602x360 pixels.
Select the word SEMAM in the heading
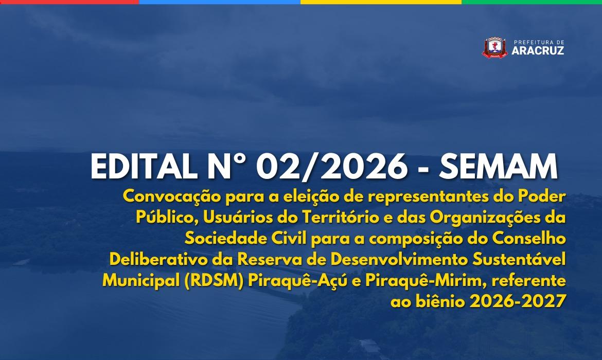pos(499,167)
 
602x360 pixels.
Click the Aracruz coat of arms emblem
pos(494,47)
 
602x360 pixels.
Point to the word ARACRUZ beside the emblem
pos(538,50)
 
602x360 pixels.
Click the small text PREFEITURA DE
pos(539,42)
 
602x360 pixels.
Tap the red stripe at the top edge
pos(69,2)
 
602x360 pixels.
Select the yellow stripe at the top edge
pos(381,2)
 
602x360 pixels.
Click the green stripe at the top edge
pos(532,2)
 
